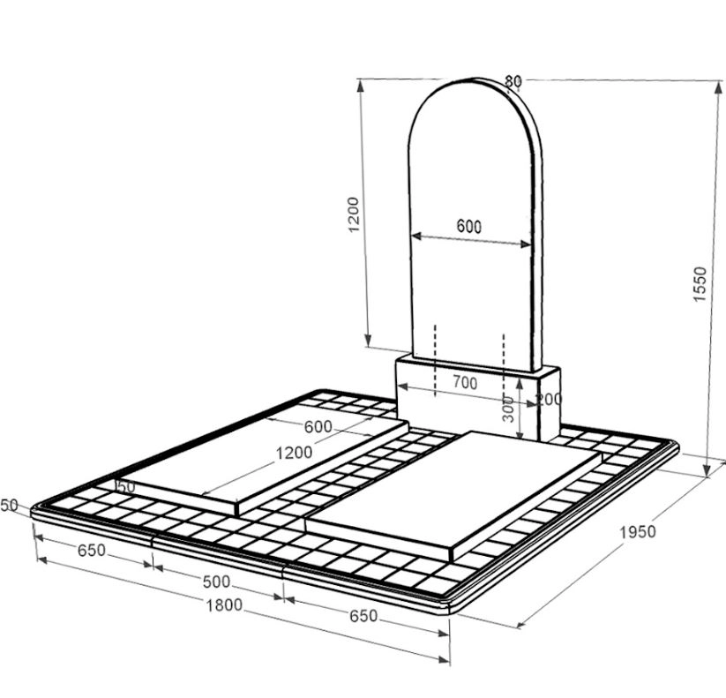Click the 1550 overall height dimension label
[x=700, y=284]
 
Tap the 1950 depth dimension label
[x=638, y=532]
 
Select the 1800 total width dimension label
[x=224, y=604]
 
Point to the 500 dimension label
[x=216, y=582]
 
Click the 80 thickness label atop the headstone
[x=513, y=81]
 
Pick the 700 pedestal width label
[x=465, y=383]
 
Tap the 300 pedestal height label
[x=508, y=409]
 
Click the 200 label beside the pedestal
[x=549, y=399]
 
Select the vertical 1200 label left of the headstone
[x=353, y=214]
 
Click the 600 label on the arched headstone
[x=469, y=226]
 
